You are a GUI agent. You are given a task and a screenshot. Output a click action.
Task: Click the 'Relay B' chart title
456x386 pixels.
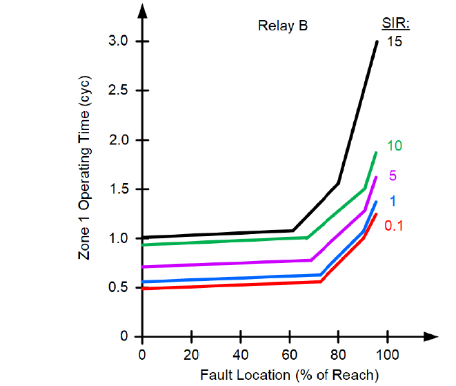tap(282, 26)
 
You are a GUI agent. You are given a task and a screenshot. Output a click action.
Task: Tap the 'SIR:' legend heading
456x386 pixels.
tap(396, 25)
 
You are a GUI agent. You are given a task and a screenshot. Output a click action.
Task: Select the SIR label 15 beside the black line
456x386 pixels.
tap(394, 41)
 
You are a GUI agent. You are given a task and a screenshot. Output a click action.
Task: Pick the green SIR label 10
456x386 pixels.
tap(394, 146)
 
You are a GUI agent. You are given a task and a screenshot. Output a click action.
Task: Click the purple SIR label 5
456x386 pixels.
tap(392, 175)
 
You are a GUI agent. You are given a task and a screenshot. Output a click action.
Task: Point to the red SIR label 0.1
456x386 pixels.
tap(394, 225)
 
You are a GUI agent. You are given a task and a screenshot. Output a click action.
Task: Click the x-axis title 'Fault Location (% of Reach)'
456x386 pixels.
tap(290, 375)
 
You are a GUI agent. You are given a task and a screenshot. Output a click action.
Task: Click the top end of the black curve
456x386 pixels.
tap(377, 41)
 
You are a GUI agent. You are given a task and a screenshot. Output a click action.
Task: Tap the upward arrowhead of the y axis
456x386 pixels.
tap(142, 9)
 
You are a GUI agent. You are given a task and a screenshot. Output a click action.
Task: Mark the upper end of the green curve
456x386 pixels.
tap(376, 153)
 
